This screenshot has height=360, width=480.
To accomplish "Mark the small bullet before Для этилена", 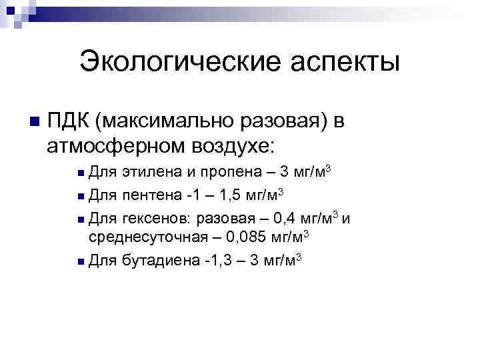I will [81, 174].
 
